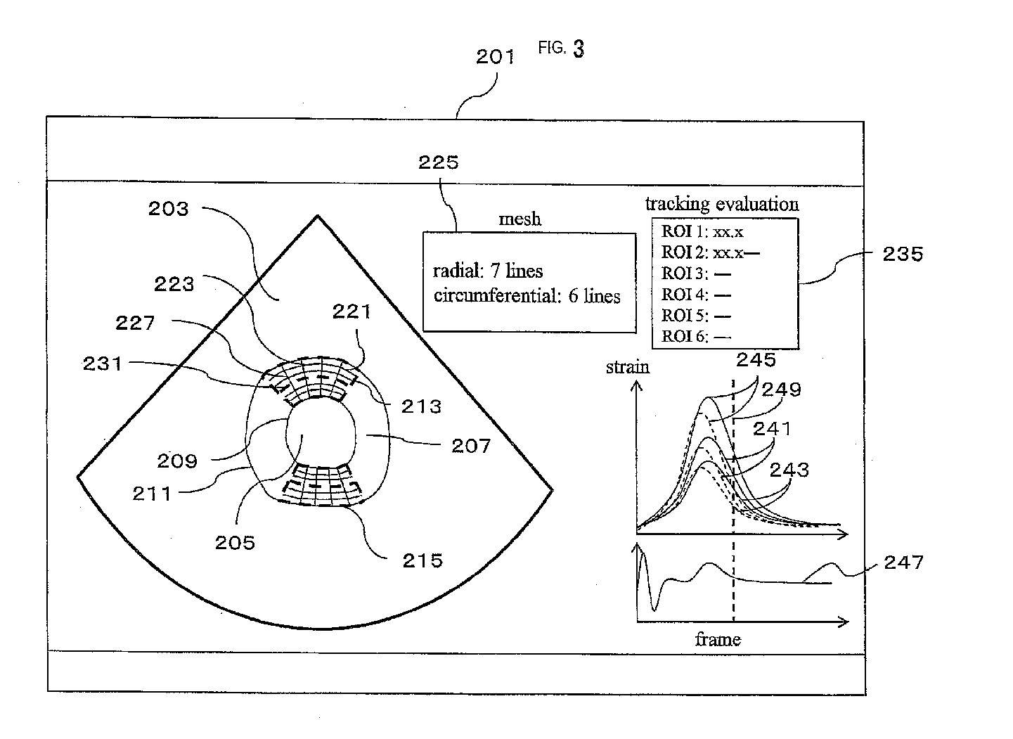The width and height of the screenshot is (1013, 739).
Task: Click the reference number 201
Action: coord(495,57)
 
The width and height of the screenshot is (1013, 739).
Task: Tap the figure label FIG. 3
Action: coord(561,48)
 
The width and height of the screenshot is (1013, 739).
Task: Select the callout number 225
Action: coord(438,163)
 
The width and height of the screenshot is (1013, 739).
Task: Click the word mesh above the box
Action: coord(520,219)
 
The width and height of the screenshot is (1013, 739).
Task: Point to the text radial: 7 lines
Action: coord(488,271)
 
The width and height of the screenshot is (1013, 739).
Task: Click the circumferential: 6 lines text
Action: coord(527,295)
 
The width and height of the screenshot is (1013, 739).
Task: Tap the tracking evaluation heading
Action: coord(722,205)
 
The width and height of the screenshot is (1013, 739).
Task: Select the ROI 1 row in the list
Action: coord(702,231)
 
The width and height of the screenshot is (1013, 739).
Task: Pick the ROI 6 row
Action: coord(696,337)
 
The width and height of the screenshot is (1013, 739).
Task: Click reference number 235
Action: coord(902,254)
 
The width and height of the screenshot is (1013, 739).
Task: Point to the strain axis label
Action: coord(627,367)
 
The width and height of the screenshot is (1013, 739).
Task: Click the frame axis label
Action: coord(717,639)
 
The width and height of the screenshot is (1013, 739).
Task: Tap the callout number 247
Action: coord(903,562)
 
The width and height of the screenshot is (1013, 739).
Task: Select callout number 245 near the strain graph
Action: coord(756,360)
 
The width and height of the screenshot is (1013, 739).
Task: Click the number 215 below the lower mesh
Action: coord(422,560)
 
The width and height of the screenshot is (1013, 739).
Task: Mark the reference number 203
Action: coord(169,209)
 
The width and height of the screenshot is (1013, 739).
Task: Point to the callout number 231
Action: coord(103,364)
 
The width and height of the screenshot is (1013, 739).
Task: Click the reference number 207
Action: coord(470,446)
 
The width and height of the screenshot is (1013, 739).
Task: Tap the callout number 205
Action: coord(235,542)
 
